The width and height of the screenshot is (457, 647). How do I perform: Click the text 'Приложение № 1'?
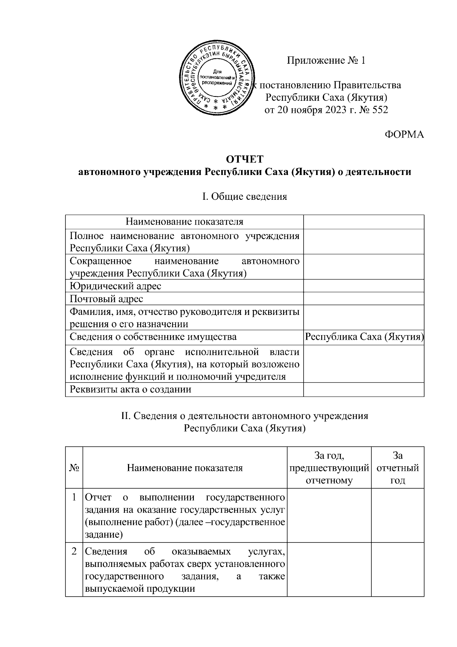pyautogui.click(x=326, y=61)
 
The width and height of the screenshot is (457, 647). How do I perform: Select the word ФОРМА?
pyautogui.click(x=404, y=135)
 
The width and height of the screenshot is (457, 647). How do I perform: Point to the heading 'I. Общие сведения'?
pyautogui.click(x=244, y=197)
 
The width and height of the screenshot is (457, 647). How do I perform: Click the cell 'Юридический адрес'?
pyautogui.click(x=116, y=286)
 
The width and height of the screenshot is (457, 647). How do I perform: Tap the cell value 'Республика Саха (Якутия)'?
pyautogui.click(x=364, y=337)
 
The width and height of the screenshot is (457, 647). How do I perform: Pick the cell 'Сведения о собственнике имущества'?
pyautogui.click(x=153, y=337)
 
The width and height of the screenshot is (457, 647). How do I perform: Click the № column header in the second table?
pyautogui.click(x=74, y=468)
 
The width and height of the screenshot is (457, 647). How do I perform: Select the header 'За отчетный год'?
pyautogui.click(x=398, y=468)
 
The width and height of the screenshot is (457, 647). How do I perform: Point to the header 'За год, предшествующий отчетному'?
pyautogui.click(x=329, y=468)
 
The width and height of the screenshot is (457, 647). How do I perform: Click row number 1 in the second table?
pyautogui.click(x=75, y=498)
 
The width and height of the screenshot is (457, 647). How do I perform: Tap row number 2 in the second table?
pyautogui.click(x=75, y=552)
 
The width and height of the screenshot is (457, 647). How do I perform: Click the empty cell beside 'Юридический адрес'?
pyautogui.click(x=364, y=286)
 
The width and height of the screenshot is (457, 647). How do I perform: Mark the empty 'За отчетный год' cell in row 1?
pyautogui.click(x=398, y=515)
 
